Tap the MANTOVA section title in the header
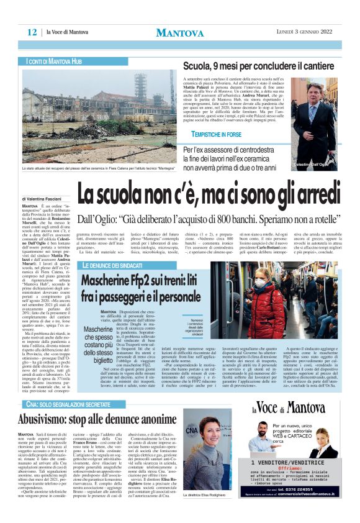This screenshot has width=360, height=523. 179,33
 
